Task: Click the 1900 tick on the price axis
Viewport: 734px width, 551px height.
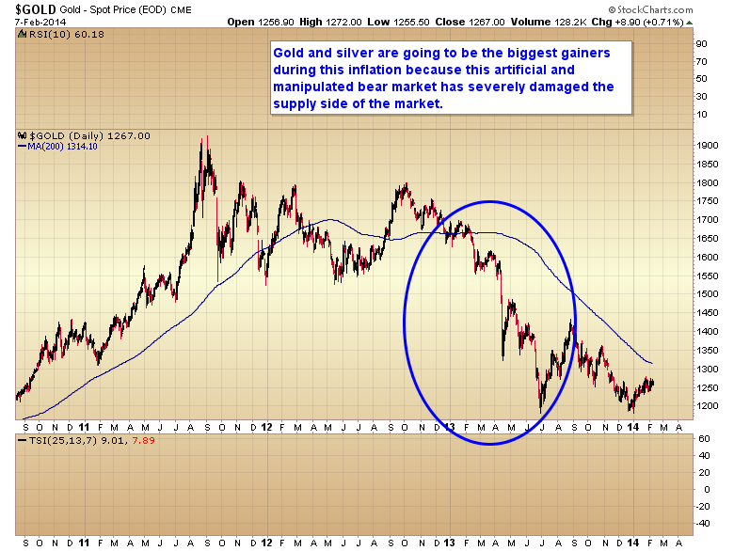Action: coord(706,146)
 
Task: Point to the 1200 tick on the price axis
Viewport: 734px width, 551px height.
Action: coord(706,406)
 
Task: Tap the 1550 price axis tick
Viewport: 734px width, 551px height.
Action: coord(706,275)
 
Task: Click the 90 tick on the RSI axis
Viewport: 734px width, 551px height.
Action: coord(702,43)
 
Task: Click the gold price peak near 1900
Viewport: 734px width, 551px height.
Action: coord(203,139)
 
